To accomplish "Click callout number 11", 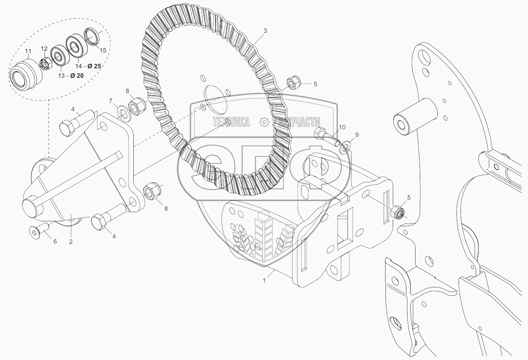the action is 28,51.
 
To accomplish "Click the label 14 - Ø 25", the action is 88,66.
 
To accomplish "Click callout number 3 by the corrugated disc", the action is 265,31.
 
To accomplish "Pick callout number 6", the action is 55,241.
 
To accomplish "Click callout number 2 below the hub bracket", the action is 71,241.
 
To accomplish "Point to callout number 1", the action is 265,280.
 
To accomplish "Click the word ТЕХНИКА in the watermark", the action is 231,122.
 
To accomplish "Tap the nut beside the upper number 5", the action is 292,83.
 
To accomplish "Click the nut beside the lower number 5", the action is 398,212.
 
